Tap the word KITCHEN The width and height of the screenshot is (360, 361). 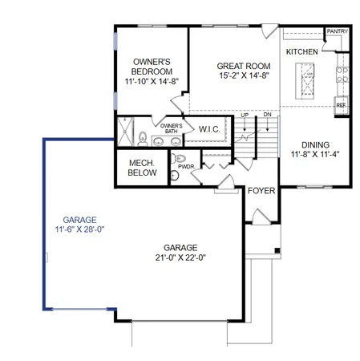[x=301, y=52]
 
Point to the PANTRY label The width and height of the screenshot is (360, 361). [x=336, y=33]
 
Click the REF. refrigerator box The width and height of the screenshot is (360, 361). [x=341, y=105]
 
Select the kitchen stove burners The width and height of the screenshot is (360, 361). [x=342, y=75]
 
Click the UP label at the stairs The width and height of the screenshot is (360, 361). [x=245, y=116]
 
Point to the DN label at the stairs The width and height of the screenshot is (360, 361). [x=266, y=116]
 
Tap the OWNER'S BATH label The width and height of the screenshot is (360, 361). [x=171, y=128]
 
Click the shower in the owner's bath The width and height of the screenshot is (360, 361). [x=125, y=132]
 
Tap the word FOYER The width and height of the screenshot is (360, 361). [x=261, y=191]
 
